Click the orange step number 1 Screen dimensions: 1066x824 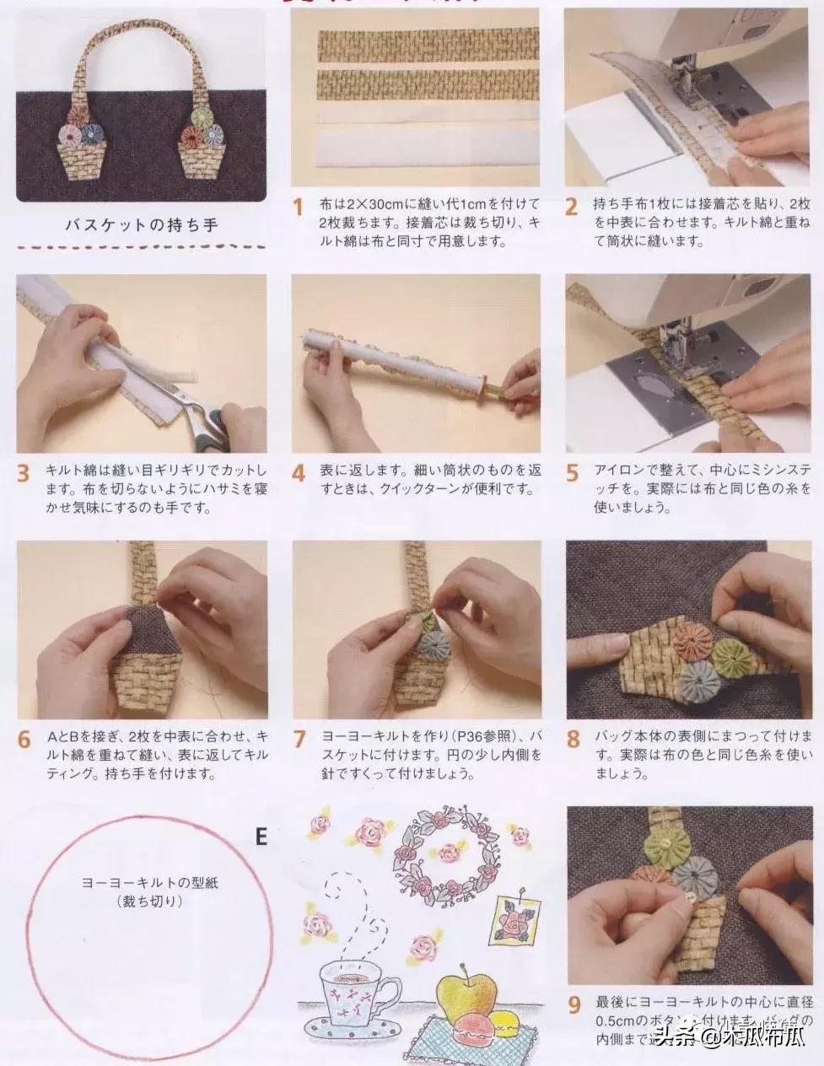click(x=298, y=207)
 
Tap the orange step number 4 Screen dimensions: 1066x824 click(x=298, y=473)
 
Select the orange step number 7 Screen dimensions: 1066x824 click(x=299, y=739)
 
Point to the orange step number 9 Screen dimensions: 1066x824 click(x=574, y=1005)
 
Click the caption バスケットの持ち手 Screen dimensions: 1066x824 click(x=142, y=225)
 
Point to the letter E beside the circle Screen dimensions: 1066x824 click(x=261, y=837)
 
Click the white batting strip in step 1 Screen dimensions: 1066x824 click(x=417, y=151)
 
